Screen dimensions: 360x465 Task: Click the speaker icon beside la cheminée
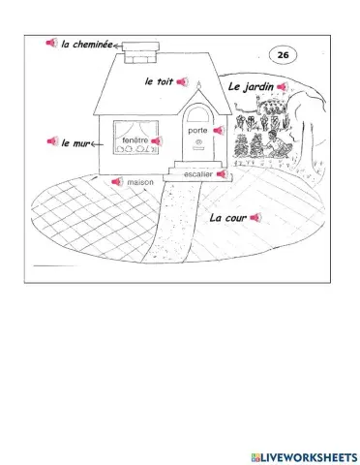pyautogui.click(x=51, y=43)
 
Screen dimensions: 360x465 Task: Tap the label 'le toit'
pyautogui.click(x=159, y=81)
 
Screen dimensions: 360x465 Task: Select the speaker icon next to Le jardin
pyautogui.click(x=283, y=86)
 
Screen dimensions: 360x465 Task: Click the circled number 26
pyautogui.click(x=283, y=55)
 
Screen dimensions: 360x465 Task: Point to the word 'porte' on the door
pyautogui.click(x=197, y=131)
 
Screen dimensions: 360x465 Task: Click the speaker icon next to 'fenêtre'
pyautogui.click(x=157, y=140)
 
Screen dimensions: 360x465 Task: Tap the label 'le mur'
pyautogui.click(x=75, y=143)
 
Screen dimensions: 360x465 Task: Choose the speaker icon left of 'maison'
pyautogui.click(x=117, y=182)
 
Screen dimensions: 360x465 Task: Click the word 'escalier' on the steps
pyautogui.click(x=198, y=174)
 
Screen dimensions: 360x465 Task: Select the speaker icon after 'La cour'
pyautogui.click(x=255, y=217)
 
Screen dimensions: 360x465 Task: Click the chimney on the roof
pyautogui.click(x=141, y=52)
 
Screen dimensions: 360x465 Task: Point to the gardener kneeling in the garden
pyautogui.click(x=278, y=144)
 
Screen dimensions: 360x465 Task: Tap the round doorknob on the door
pyautogui.click(x=198, y=141)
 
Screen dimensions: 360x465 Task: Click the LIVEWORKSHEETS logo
pyautogui.click(x=305, y=457)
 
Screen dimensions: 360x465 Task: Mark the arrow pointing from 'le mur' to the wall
pyautogui.click(x=97, y=144)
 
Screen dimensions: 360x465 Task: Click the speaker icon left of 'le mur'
pyautogui.click(x=52, y=141)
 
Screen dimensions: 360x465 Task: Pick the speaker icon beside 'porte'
pyautogui.click(x=219, y=130)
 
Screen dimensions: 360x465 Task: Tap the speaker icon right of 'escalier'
pyautogui.click(x=223, y=174)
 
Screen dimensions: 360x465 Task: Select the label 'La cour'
pyautogui.click(x=228, y=218)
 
